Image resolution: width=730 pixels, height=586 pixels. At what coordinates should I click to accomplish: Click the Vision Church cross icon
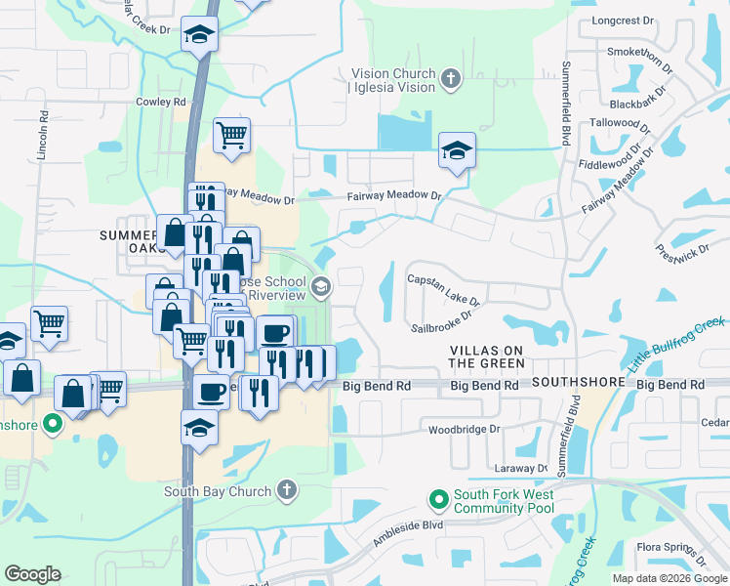tap(450, 79)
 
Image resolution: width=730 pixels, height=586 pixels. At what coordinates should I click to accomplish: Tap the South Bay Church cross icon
tap(286, 489)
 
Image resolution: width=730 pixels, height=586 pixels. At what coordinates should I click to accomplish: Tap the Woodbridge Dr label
tap(464, 429)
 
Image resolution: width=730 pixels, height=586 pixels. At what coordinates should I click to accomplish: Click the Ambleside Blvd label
tap(409, 532)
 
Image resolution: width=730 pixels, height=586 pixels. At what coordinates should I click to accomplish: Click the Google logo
tap(32, 573)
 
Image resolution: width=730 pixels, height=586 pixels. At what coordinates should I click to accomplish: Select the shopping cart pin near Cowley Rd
tap(231, 135)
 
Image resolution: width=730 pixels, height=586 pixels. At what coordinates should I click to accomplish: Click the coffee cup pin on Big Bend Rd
tap(211, 393)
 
